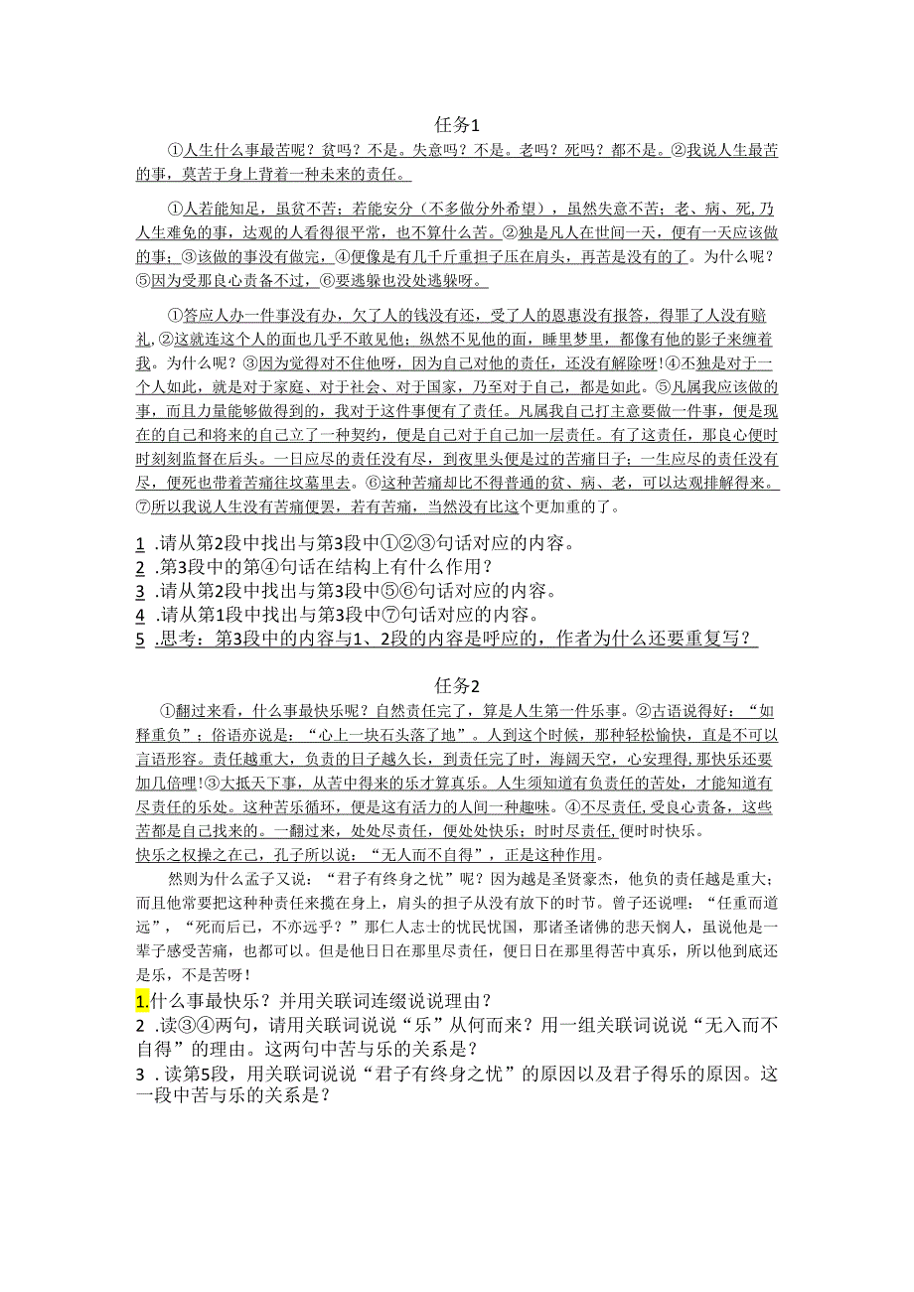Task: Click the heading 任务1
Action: [457, 125]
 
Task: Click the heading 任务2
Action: [457, 685]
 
